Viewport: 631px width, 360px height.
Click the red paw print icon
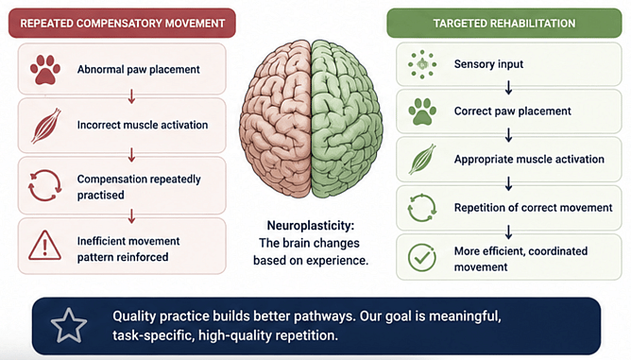click(x=45, y=70)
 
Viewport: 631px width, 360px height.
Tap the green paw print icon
click(x=421, y=111)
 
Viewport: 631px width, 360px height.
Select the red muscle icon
click(x=45, y=126)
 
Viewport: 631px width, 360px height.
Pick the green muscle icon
click(x=421, y=160)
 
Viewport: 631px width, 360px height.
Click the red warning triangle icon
click(x=44, y=246)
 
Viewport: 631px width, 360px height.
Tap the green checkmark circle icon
click(x=421, y=257)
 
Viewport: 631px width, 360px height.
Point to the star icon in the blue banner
click(x=69, y=326)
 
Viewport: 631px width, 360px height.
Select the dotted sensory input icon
click(x=421, y=64)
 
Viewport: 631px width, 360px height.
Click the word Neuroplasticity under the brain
click(x=311, y=226)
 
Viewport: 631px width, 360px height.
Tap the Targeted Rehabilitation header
click(x=504, y=23)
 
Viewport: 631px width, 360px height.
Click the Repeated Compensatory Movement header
click(x=123, y=23)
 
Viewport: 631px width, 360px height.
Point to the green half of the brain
click(x=347, y=119)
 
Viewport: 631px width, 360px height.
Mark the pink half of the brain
click(x=275, y=119)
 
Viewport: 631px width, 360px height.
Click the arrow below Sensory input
click(x=508, y=87)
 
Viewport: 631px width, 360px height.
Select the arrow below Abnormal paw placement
click(x=131, y=96)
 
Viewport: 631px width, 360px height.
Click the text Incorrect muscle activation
click(x=143, y=125)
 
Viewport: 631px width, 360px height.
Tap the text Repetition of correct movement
click(x=533, y=207)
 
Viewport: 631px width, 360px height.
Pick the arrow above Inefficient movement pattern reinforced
click(x=131, y=216)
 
